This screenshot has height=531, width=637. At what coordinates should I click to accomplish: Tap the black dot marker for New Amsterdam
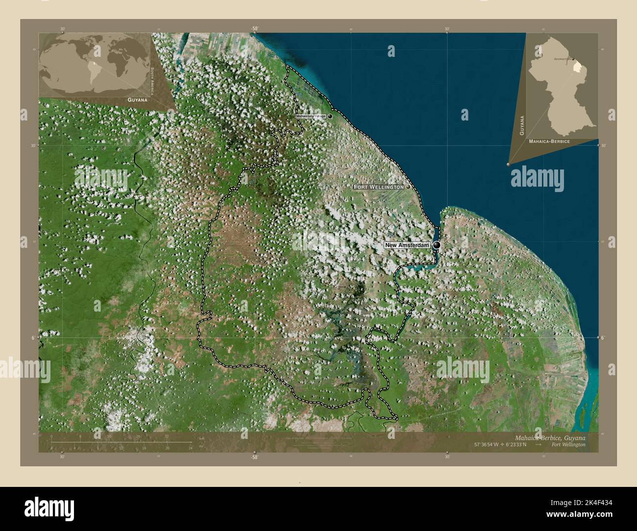(x=437, y=245)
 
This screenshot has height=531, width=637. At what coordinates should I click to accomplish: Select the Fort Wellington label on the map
(x=378, y=187)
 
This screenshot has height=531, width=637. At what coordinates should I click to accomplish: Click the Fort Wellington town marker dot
(x=408, y=187)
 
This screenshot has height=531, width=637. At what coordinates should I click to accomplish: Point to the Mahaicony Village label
(x=311, y=116)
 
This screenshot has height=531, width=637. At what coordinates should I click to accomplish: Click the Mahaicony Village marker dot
(x=330, y=116)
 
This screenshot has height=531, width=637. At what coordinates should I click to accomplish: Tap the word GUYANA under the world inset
(x=137, y=99)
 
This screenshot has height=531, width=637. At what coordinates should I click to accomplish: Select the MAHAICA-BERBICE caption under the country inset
(x=549, y=141)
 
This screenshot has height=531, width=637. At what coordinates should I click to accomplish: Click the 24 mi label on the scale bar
(x=190, y=448)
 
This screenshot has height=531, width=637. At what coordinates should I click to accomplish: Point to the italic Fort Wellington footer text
(x=567, y=444)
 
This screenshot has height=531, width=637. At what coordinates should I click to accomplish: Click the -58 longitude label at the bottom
(x=254, y=457)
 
